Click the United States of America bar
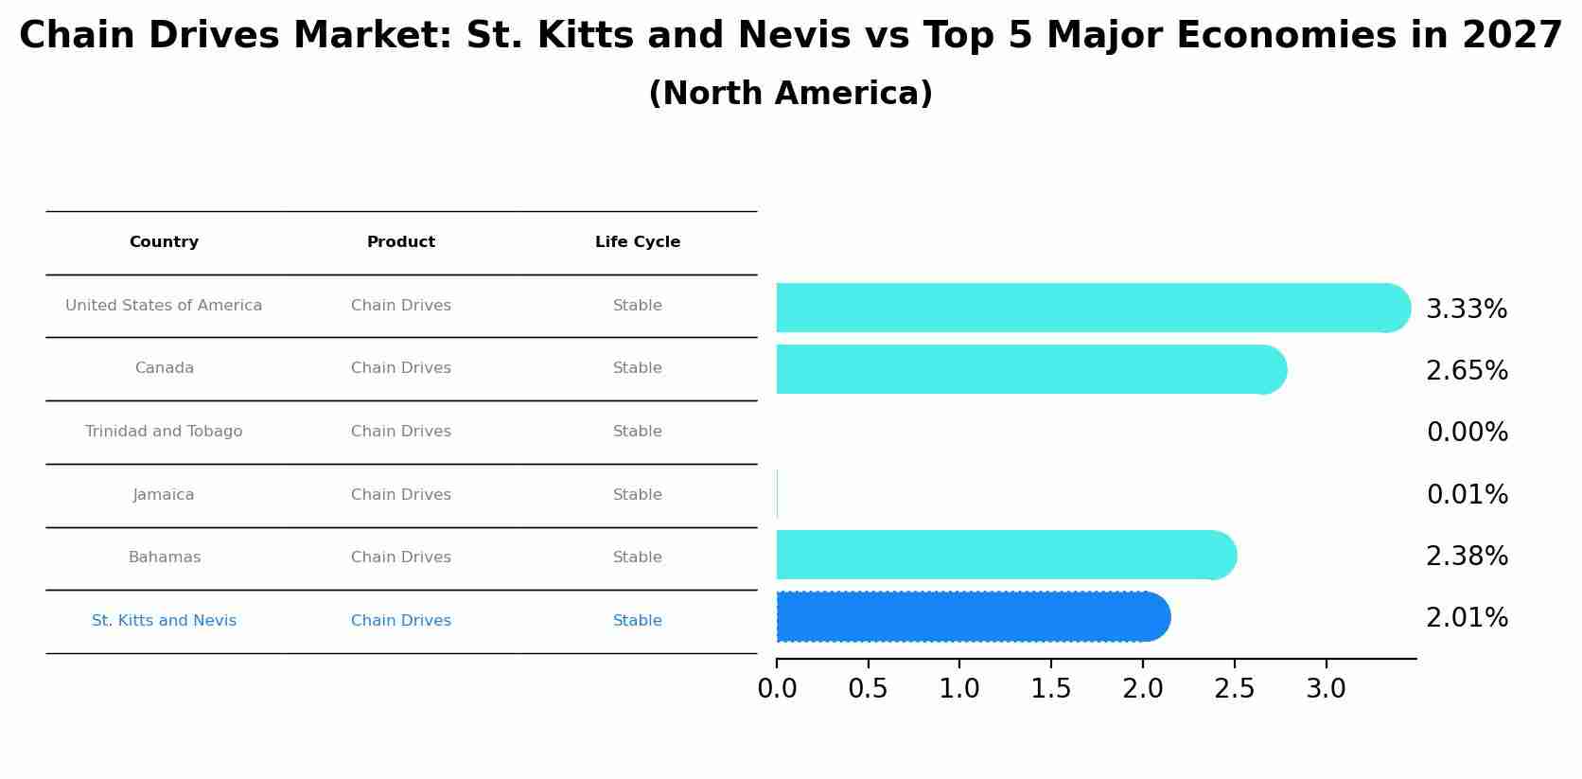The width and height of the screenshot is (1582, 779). pyautogui.click(x=1088, y=308)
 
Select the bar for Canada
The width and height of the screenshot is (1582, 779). pyautogui.click(x=1027, y=369)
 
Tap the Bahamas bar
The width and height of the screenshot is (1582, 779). pyautogui.click(x=1003, y=555)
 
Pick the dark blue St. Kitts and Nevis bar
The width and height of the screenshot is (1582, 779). pyautogui.click(x=970, y=617)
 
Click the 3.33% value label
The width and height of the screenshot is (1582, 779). pyautogui.click(x=1466, y=310)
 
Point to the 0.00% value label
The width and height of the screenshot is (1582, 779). pyautogui.click(x=1467, y=433)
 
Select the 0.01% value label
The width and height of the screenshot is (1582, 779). pyautogui.click(x=1467, y=495)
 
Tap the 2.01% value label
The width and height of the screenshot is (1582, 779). pyautogui.click(x=1466, y=618)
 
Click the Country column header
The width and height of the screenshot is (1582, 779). pyautogui.click(x=164, y=242)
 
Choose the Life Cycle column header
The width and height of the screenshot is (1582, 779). pyautogui.click(x=637, y=242)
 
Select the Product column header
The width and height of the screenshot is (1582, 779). pyautogui.click(x=400, y=242)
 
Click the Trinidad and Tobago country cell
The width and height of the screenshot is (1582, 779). pyautogui.click(x=164, y=432)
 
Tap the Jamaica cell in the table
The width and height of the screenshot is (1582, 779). pyautogui.click(x=164, y=495)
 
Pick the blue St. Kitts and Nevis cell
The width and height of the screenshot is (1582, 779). pyautogui.click(x=164, y=621)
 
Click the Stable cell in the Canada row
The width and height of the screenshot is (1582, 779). pyautogui.click(x=637, y=368)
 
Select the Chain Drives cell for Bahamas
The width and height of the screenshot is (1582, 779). pyautogui.click(x=400, y=558)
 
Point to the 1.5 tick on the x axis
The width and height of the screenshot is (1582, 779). pyautogui.click(x=1050, y=689)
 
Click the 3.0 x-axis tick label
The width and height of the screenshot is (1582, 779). pyautogui.click(x=1325, y=689)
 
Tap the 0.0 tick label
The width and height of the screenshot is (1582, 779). pyautogui.click(x=777, y=689)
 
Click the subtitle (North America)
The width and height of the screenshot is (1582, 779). pyautogui.click(x=790, y=94)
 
